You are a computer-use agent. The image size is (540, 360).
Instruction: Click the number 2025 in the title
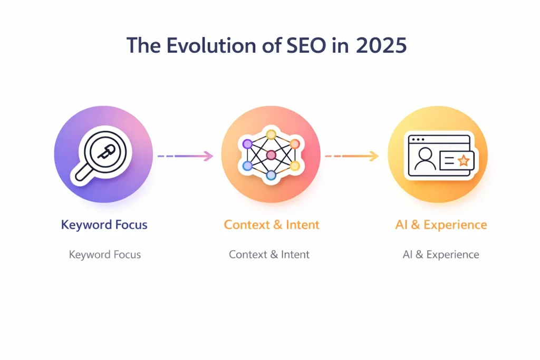pyautogui.click(x=381, y=45)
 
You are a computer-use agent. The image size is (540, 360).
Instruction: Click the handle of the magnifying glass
pyautogui.click(x=85, y=173)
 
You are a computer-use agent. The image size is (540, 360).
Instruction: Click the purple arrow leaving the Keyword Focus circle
pyautogui.click(x=185, y=155)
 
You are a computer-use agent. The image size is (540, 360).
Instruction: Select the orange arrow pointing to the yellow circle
pyautogui.click(x=352, y=155)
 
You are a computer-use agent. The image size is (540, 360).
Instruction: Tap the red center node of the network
pyautogui.click(x=271, y=155)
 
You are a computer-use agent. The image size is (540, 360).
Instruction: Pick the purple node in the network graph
pyautogui.click(x=247, y=144)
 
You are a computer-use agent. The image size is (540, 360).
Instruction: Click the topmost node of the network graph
pyautogui.click(x=271, y=134)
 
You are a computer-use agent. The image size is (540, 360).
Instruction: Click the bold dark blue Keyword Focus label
pyautogui.click(x=104, y=225)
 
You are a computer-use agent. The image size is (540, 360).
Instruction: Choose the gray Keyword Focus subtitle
pyautogui.click(x=105, y=255)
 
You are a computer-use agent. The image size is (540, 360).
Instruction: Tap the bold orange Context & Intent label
pyautogui.click(x=272, y=225)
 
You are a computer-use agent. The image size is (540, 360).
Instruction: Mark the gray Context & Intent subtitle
pyautogui.click(x=269, y=255)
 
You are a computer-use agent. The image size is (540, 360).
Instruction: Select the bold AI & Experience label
pyautogui.click(x=441, y=225)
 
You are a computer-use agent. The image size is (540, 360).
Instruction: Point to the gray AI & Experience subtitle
pyautogui.click(x=441, y=255)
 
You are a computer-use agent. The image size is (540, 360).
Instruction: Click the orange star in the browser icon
pyautogui.click(x=463, y=161)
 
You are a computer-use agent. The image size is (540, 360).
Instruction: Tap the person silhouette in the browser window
pyautogui.click(x=425, y=160)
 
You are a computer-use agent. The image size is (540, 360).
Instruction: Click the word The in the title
pyautogui.click(x=143, y=45)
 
